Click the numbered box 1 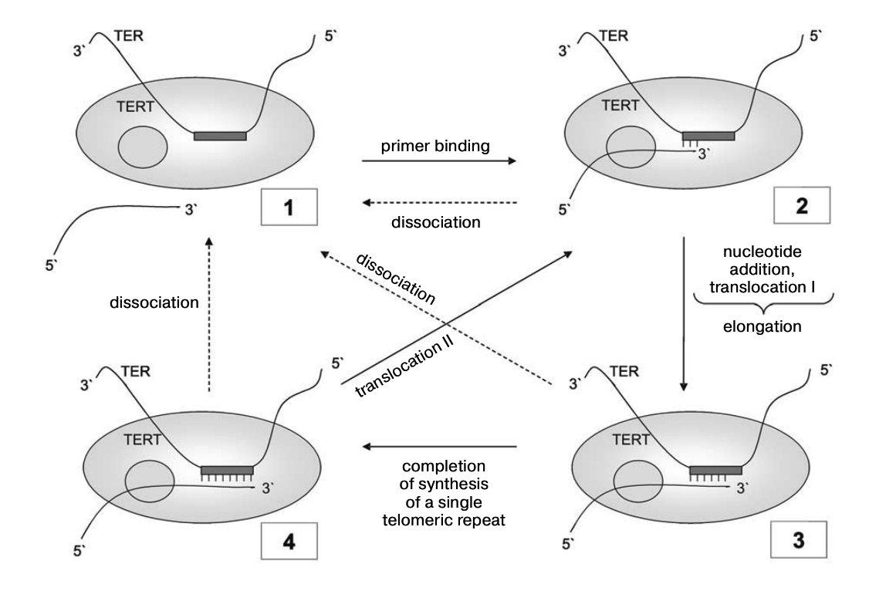coord(285,208)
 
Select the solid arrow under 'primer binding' coord(438,161)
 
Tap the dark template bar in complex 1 coord(220,136)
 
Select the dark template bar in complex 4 coord(227,470)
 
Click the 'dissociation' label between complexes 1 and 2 coord(438,223)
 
